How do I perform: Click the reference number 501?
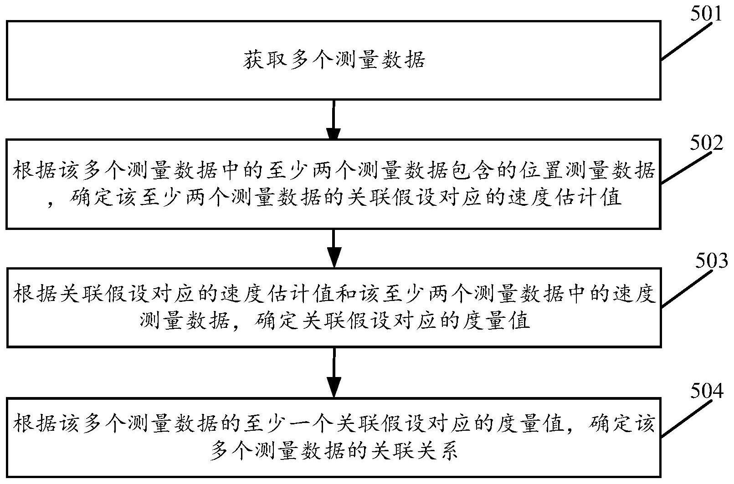pos(706,14)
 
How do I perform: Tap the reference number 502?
pos(706,143)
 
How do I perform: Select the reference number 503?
pos(711,261)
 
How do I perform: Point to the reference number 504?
pos(707,391)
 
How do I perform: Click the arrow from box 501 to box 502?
pos(334,120)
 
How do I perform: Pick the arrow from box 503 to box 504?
pos(334,372)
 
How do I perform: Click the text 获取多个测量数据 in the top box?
pos(334,60)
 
